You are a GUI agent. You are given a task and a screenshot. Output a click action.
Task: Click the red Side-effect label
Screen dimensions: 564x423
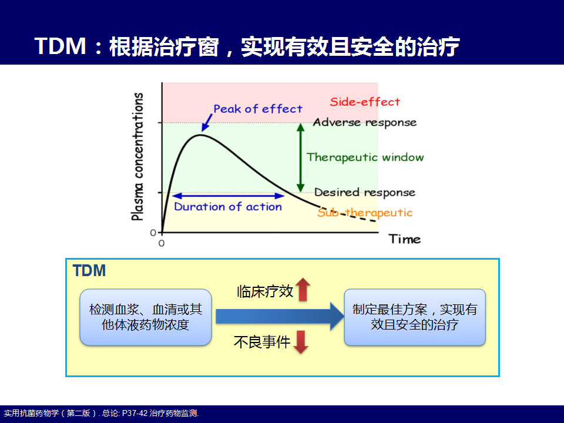(x=365, y=102)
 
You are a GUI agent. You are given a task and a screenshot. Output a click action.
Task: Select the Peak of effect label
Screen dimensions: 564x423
(x=258, y=109)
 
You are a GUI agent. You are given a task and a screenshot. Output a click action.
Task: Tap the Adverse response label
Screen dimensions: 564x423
(x=365, y=123)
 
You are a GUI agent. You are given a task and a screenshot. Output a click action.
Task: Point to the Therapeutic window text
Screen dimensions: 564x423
(x=365, y=157)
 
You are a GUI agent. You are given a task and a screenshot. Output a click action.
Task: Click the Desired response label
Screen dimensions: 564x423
(x=365, y=193)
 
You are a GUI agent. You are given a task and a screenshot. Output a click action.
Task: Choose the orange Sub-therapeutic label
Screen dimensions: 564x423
(x=365, y=213)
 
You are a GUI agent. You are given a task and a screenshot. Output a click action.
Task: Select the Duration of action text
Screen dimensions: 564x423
(x=228, y=206)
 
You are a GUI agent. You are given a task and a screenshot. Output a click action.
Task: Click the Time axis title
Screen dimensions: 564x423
(x=405, y=239)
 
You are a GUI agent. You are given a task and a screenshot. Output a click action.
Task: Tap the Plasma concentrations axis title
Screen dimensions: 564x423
(x=137, y=156)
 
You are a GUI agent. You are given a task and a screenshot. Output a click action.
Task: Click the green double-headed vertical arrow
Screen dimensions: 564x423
(x=301, y=157)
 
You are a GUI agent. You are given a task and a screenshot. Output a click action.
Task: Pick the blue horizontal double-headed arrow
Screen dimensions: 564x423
(x=229, y=196)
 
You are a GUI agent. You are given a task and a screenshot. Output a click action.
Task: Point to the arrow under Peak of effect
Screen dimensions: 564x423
(x=207, y=123)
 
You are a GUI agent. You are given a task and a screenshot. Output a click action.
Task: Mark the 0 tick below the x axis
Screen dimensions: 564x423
(x=162, y=243)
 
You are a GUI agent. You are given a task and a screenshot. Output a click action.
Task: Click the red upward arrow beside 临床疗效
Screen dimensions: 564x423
(x=303, y=289)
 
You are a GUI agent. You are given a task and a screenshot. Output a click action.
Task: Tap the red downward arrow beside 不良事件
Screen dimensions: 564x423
(x=301, y=342)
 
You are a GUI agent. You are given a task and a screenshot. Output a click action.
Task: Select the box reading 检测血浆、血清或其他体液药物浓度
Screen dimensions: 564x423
(x=146, y=317)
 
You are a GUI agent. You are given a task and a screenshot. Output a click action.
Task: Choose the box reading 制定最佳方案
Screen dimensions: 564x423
(x=415, y=317)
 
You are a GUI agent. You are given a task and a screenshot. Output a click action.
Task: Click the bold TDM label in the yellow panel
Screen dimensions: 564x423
(x=89, y=270)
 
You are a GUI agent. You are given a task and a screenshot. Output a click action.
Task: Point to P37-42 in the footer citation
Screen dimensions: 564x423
(x=135, y=413)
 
